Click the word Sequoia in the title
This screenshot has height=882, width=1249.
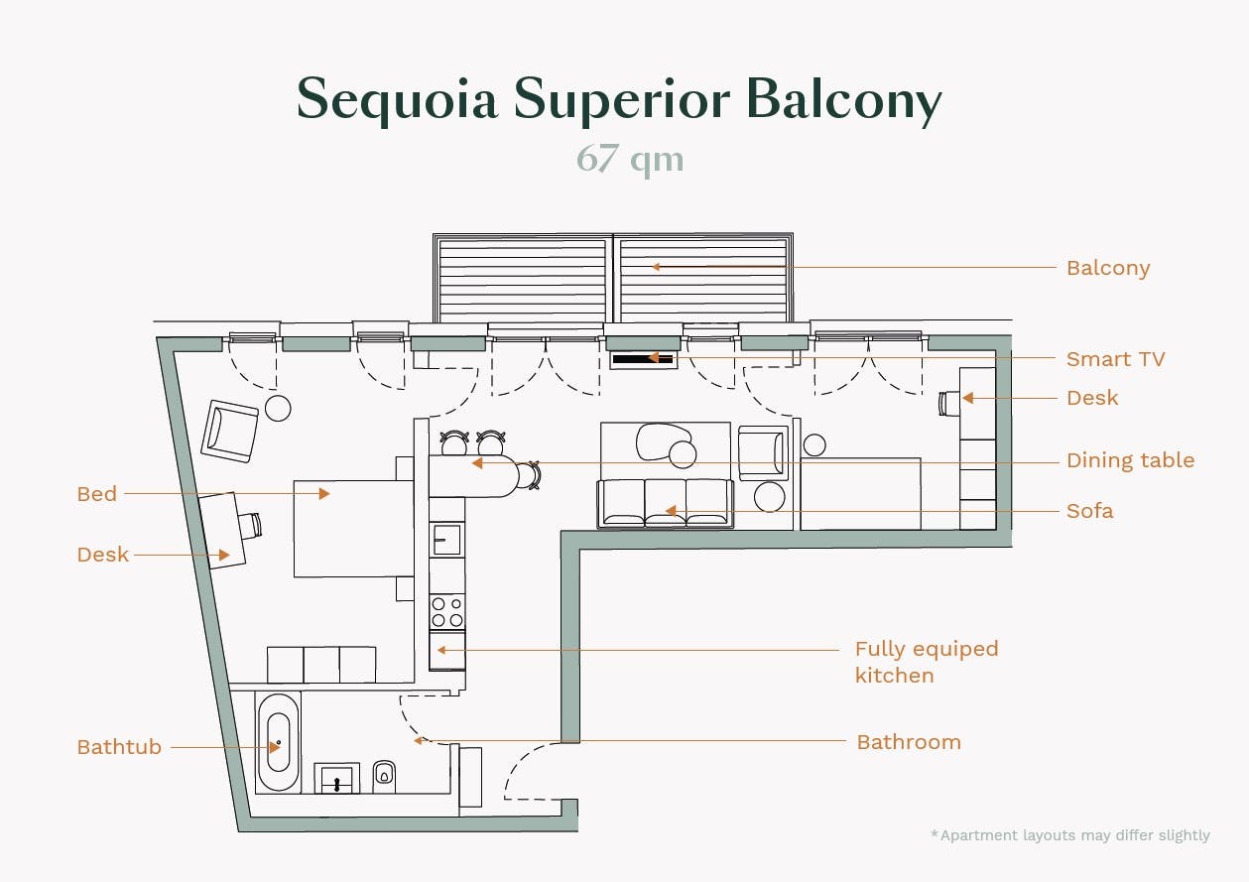click(397, 100)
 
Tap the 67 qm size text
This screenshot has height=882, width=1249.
click(630, 159)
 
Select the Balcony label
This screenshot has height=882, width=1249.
click(1108, 268)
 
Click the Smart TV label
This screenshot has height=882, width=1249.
click(1115, 359)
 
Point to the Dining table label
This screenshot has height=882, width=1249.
click(1130, 460)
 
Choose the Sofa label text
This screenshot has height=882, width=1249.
click(1089, 511)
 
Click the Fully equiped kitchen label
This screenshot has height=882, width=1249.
click(926, 662)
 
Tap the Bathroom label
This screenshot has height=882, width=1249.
click(909, 742)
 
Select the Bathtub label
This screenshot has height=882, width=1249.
click(119, 747)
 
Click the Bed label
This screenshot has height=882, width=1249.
click(97, 494)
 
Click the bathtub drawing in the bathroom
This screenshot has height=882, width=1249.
click(278, 742)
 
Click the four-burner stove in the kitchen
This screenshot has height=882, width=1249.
click(447, 611)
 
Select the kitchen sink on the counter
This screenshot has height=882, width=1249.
click(446, 540)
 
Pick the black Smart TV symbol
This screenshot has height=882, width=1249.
click(643, 358)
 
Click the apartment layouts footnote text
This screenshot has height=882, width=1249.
click(1070, 835)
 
